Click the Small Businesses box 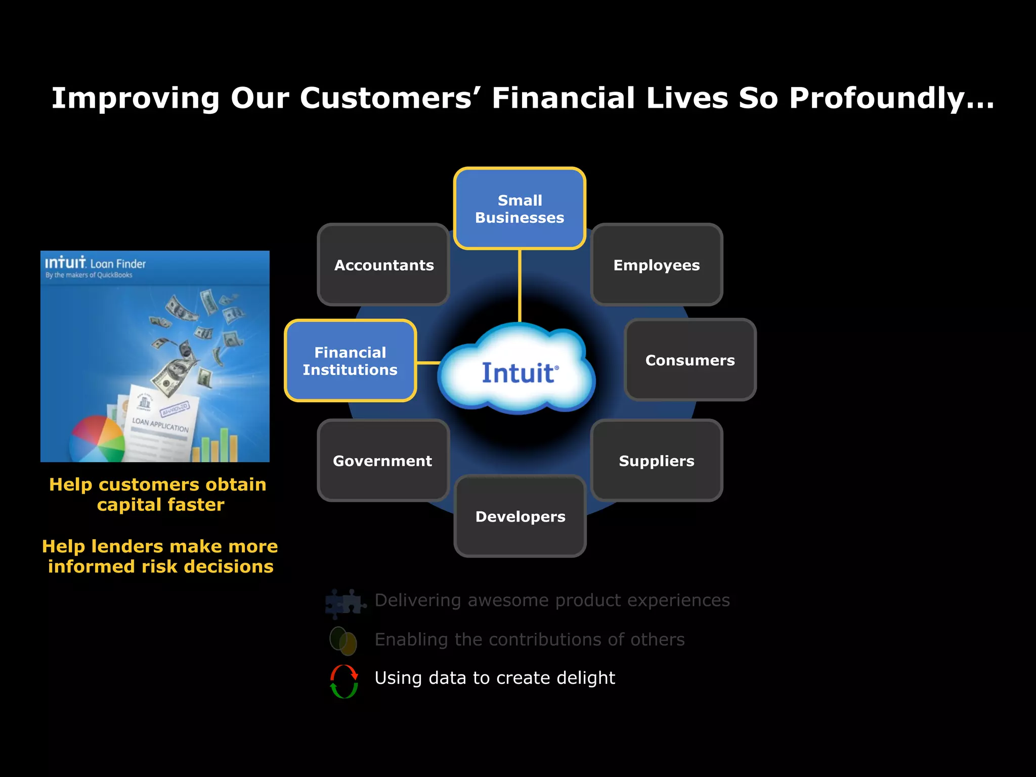[520, 208]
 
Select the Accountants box [383, 265]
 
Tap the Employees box [656, 265]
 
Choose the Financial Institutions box [350, 361]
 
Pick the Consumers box [690, 360]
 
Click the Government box [383, 460]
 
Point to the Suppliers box [656, 460]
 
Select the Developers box [520, 516]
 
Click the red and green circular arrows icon [344, 681]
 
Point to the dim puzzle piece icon [345, 603]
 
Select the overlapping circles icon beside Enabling [343, 640]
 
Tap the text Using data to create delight [494, 678]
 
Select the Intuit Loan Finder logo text [95, 264]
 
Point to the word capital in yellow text [128, 505]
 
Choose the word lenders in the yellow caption [135, 546]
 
